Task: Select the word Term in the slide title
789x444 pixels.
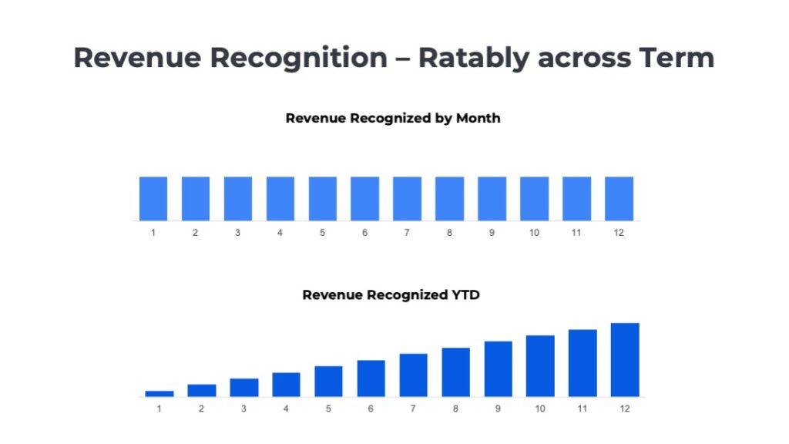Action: point(673,58)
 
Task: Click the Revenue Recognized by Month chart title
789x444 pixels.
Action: point(393,118)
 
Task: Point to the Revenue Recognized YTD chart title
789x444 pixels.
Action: point(391,294)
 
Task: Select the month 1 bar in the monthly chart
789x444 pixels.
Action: point(153,199)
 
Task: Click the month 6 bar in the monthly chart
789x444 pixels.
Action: point(364,199)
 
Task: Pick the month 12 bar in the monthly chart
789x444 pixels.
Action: point(619,199)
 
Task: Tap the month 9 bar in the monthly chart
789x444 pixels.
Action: point(492,199)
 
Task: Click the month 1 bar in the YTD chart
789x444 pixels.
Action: point(159,393)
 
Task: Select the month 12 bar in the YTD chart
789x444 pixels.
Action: point(625,359)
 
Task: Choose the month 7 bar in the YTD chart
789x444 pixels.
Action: point(413,375)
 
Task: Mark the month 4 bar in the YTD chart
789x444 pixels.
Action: point(286,384)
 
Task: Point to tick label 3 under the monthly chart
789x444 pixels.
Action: point(237,232)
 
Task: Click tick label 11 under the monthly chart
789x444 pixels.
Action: point(576,232)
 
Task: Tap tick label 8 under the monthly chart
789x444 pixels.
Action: point(449,232)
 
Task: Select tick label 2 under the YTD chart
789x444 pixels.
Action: point(202,409)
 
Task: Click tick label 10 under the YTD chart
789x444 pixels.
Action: point(540,409)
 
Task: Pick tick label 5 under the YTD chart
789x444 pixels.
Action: point(328,409)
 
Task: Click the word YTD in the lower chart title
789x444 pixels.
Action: point(465,294)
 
